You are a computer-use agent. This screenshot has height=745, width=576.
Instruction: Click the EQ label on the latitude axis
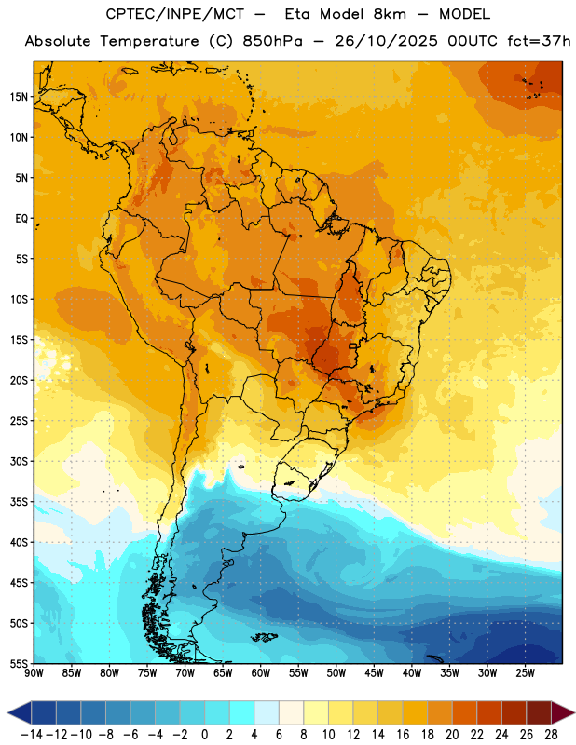tap(22, 219)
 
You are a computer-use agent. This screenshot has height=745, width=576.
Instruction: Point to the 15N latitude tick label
tap(19, 97)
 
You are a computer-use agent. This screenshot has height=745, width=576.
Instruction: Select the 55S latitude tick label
tap(19, 663)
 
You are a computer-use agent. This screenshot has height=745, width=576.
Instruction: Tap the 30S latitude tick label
tap(19, 461)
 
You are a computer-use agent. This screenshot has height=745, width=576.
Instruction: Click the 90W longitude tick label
tap(34, 673)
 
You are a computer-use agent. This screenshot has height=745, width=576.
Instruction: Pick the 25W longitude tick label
tap(525, 673)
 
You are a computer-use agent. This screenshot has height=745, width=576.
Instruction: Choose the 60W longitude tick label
tap(261, 673)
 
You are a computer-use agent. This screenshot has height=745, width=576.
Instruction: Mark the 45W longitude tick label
tap(375, 673)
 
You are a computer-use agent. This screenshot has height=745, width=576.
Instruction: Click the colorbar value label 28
tap(551, 735)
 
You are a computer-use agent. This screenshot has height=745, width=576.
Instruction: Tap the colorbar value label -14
tap(32, 735)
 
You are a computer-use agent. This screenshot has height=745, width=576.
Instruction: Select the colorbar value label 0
tap(205, 735)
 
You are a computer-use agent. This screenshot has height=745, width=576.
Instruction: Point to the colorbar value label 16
tap(403, 735)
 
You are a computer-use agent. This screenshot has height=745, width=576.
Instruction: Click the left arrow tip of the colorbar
tap(7, 712)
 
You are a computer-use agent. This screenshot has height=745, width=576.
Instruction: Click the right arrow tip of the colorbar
tap(574, 712)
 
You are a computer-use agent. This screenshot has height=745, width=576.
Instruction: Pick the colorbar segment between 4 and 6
tap(267, 712)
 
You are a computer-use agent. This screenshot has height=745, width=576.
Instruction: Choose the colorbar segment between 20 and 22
tap(465, 712)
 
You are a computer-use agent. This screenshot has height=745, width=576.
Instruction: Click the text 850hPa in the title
tap(272, 41)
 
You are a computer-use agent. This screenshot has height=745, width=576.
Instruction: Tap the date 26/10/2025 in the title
tap(386, 41)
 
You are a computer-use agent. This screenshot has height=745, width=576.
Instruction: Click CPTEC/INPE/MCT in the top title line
tap(174, 14)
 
